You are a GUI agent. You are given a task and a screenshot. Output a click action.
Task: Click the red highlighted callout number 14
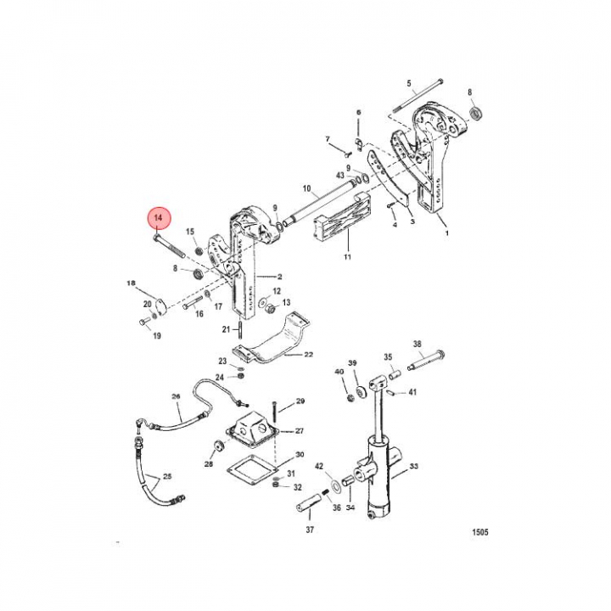click(x=158, y=218)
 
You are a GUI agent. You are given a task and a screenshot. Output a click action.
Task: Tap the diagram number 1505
click(x=480, y=532)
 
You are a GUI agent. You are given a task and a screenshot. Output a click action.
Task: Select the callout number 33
click(x=414, y=466)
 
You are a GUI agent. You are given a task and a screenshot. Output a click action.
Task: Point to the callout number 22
click(x=308, y=355)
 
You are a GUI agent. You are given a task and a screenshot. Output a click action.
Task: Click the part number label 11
click(x=347, y=257)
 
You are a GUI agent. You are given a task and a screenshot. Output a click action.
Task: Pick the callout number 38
click(x=417, y=344)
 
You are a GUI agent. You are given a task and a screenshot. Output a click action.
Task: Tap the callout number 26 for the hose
click(x=177, y=396)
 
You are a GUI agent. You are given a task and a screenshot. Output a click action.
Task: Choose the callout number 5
click(x=409, y=83)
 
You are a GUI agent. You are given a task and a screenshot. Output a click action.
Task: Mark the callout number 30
click(x=300, y=454)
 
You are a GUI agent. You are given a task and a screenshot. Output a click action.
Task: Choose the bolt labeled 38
click(x=426, y=361)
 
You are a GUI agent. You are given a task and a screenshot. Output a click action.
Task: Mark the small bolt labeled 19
click(x=144, y=322)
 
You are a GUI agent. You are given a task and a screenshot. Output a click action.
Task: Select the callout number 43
click(x=340, y=176)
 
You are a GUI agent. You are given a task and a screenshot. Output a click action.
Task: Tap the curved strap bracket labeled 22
click(x=272, y=339)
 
